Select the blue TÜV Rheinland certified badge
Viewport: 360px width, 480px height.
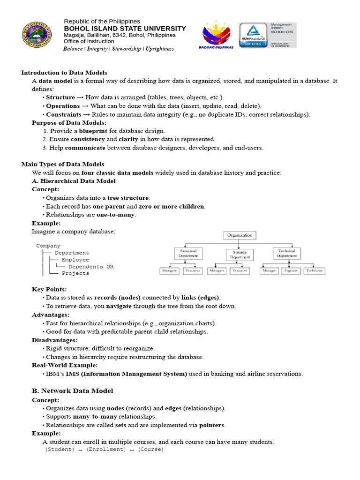(x=253, y=36)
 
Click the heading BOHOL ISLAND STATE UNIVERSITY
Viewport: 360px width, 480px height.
(x=125, y=29)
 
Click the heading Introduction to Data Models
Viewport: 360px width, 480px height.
(x=64, y=73)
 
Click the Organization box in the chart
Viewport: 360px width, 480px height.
(x=240, y=235)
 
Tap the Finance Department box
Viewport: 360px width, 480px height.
(x=240, y=255)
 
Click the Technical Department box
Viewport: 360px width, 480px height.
(x=286, y=254)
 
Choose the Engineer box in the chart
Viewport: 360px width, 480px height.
(x=292, y=271)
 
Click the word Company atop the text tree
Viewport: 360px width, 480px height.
(x=48, y=246)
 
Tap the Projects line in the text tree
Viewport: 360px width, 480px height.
(x=75, y=273)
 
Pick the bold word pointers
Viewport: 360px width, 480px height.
(x=212, y=425)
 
